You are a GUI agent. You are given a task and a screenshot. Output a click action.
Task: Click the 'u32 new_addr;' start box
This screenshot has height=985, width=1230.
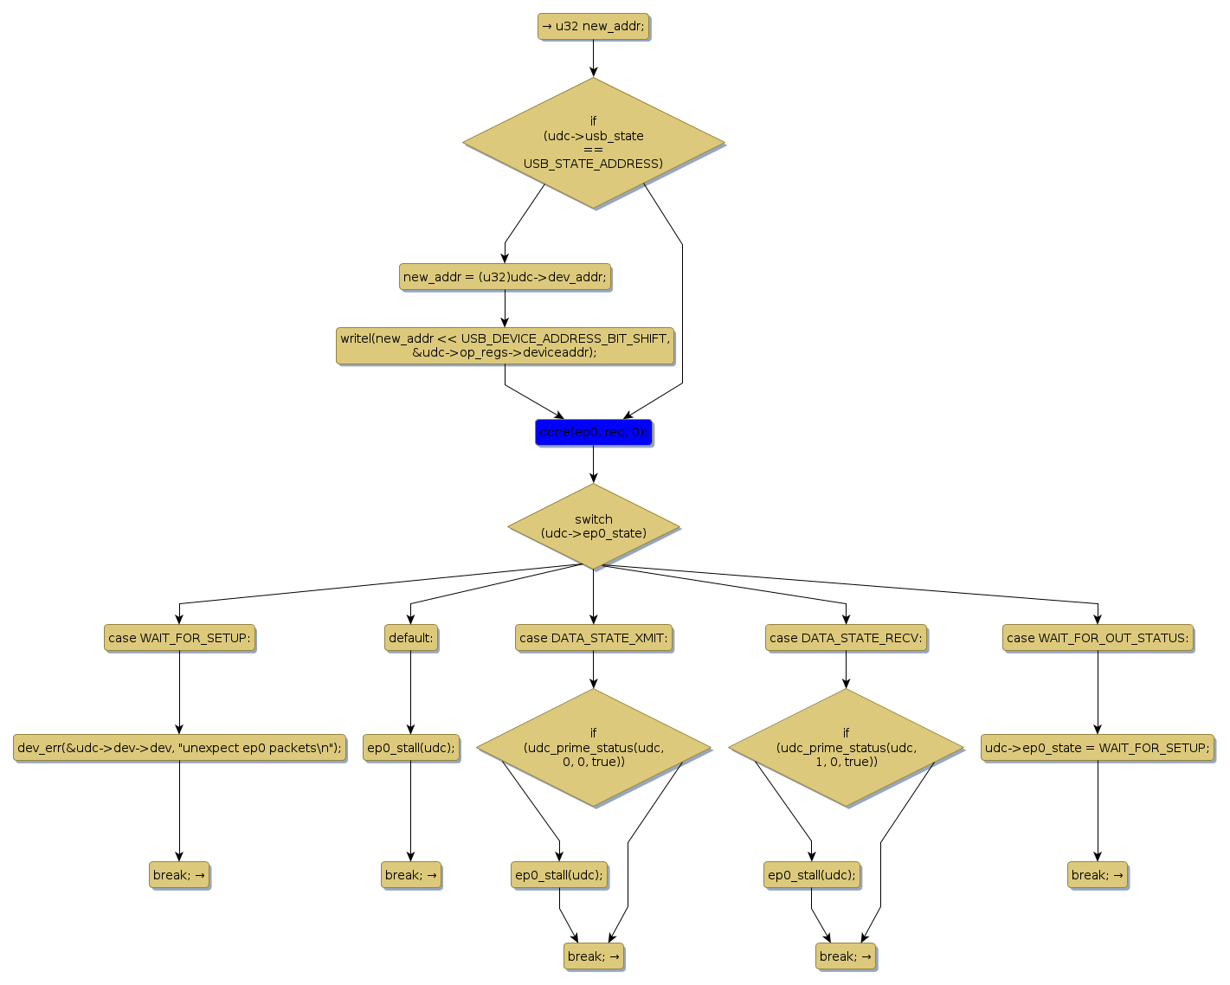click(x=593, y=27)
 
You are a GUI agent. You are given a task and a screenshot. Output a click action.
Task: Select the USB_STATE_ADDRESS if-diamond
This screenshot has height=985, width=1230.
click(x=593, y=143)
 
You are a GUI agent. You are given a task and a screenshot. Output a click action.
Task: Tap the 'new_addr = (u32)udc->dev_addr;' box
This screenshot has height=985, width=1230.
click(x=505, y=277)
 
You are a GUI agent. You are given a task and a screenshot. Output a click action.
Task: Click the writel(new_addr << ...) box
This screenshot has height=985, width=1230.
click(x=505, y=345)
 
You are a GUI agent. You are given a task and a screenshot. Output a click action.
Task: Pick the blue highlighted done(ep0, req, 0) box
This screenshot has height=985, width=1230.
click(x=593, y=432)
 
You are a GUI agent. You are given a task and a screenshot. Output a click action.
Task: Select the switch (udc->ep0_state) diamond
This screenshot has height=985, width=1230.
click(x=593, y=526)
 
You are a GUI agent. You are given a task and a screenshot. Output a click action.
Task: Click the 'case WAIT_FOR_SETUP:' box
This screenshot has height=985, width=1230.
click(x=179, y=638)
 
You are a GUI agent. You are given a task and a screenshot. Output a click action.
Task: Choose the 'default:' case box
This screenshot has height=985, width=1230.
click(x=410, y=638)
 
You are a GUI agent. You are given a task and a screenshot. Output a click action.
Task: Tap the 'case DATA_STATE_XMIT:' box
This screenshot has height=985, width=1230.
click(x=593, y=638)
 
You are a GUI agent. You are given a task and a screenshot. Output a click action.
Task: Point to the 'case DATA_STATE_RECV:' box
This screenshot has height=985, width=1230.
click(x=846, y=638)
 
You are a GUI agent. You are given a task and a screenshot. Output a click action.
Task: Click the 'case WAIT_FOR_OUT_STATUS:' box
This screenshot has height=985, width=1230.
click(x=1098, y=638)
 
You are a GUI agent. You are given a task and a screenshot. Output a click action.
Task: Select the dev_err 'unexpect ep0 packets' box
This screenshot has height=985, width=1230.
click(x=179, y=748)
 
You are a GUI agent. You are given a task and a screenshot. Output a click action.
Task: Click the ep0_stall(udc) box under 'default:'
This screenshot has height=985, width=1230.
click(x=410, y=748)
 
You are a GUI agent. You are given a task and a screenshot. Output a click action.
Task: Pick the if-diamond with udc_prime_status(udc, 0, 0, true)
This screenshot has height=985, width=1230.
click(x=593, y=748)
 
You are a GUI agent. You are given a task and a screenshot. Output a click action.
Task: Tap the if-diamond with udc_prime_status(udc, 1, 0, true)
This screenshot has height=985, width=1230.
click(x=846, y=748)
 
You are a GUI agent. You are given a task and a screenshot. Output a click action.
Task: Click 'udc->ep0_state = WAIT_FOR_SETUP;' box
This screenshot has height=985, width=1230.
click(x=1098, y=748)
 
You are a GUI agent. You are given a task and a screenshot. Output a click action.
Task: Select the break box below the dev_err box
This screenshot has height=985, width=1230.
click(x=179, y=875)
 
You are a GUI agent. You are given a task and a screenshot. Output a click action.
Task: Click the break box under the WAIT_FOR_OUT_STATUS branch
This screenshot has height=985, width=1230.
click(x=1098, y=875)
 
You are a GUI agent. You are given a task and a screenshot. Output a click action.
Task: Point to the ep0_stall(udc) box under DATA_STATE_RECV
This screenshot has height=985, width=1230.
click(x=811, y=875)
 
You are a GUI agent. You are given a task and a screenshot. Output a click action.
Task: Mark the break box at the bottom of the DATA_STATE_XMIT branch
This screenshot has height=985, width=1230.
click(x=593, y=956)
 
